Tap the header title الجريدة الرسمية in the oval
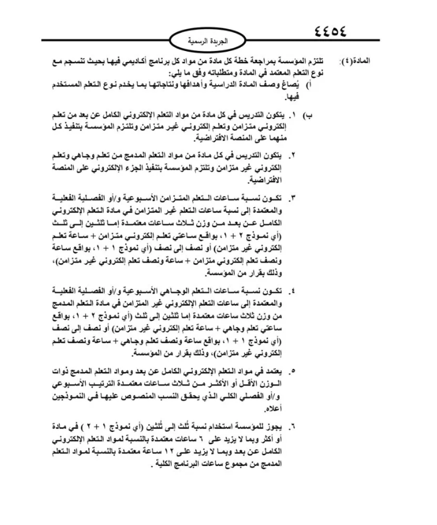pyautogui.click(x=219, y=41)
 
